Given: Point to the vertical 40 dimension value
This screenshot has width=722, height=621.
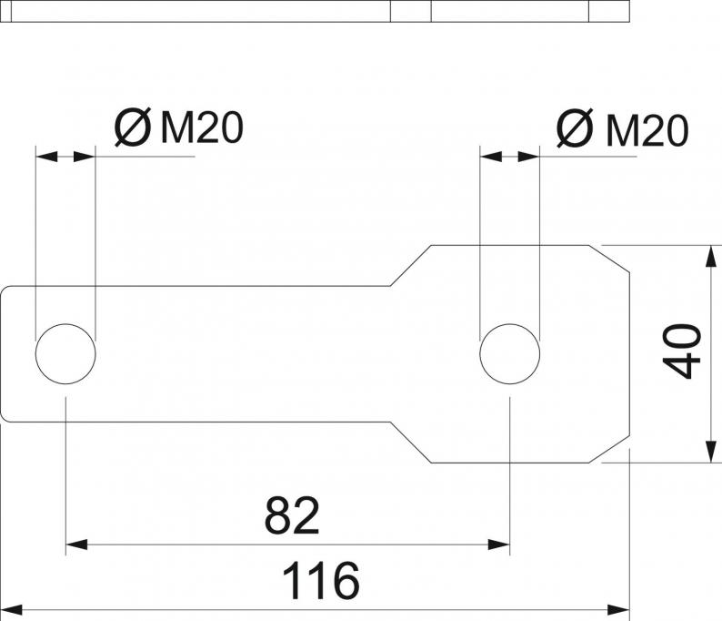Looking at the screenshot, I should pos(683,351).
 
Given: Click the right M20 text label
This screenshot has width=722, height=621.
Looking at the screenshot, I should pos(647,131).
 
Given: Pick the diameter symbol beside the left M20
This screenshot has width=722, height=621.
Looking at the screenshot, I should pos(132,129).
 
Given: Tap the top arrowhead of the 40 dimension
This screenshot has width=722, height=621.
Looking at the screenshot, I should pos(709,255).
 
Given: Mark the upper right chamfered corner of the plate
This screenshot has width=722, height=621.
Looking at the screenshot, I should pos(616,259).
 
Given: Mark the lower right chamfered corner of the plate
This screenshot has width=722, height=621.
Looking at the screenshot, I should pos(616,449).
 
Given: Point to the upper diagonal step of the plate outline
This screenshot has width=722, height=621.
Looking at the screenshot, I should pos(411,265).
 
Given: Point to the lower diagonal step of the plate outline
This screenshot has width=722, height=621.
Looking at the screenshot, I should pos(411,443).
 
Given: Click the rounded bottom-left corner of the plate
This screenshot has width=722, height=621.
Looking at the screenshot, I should pos(5,416).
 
